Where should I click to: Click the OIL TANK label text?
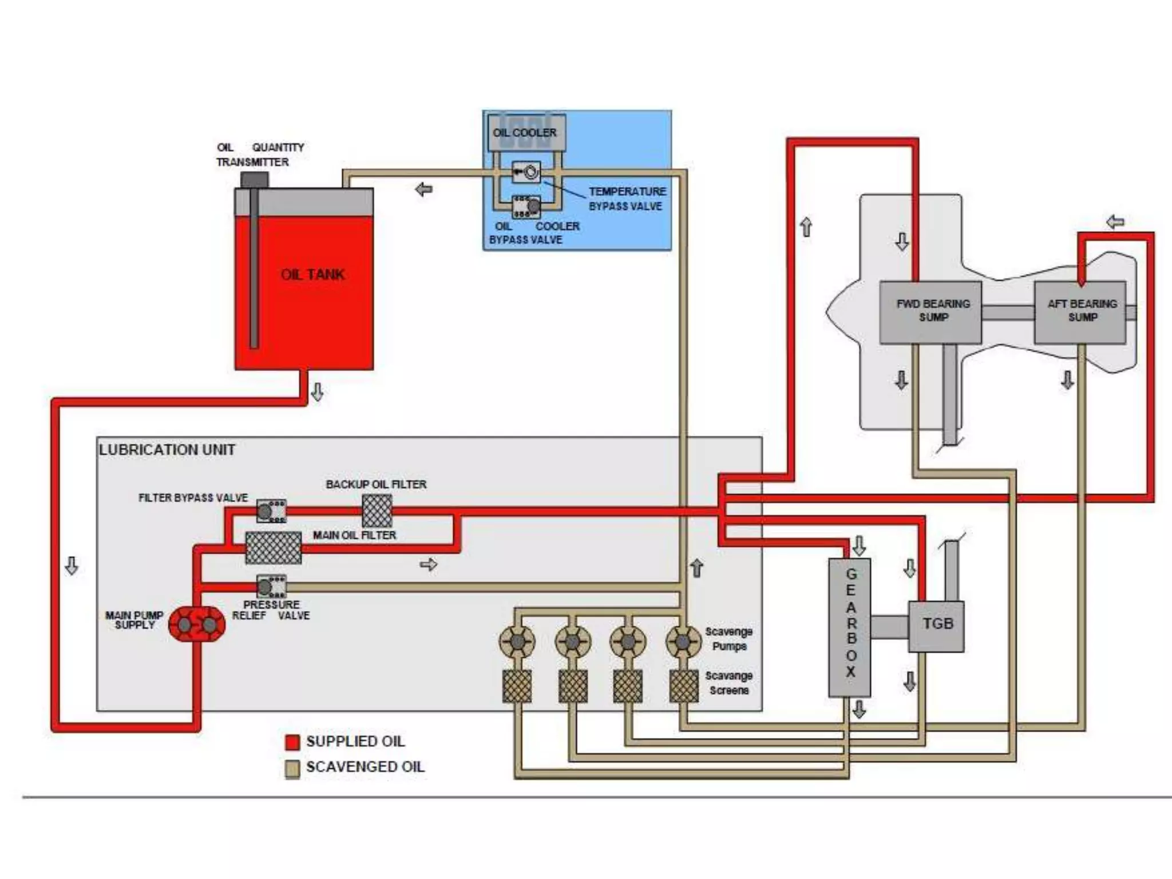coord(312,274)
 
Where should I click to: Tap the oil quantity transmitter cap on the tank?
coord(254,180)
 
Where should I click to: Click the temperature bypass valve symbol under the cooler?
coord(526,171)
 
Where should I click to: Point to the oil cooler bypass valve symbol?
coord(526,207)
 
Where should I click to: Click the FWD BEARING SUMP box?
coord(931,312)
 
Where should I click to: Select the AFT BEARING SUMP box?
coord(1080,312)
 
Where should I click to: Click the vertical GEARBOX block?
coord(850,627)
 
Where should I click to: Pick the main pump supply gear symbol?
coord(197,624)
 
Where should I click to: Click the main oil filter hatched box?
coord(274,548)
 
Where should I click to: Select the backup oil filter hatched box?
coord(377,511)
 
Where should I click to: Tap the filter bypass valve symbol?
coord(271,510)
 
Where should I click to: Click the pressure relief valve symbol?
coord(271,587)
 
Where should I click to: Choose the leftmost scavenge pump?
coord(517,642)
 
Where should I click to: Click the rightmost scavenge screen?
coord(684,686)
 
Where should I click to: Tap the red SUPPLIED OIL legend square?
coord(292,742)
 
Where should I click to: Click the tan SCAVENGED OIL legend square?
coord(292,769)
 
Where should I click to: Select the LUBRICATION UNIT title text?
coord(167,450)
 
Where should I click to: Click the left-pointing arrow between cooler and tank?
coord(423,189)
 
